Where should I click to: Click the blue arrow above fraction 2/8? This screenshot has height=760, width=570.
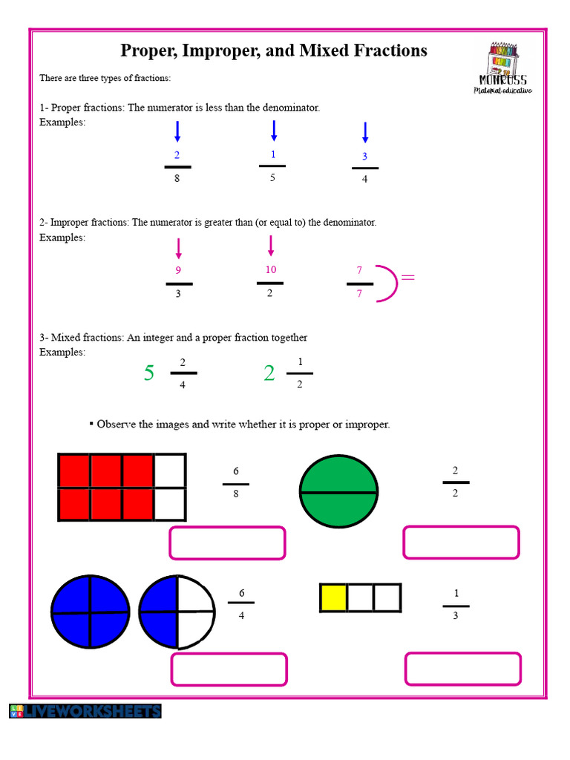tap(177, 131)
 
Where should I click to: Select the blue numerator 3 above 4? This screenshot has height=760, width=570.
tap(364, 157)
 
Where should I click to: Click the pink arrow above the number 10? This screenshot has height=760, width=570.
tap(270, 246)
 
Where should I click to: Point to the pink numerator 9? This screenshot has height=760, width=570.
tap(178, 271)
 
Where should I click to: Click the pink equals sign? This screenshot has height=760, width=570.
tap(407, 278)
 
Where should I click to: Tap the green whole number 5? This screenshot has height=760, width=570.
tap(149, 373)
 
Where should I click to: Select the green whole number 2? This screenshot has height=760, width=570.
tap(269, 373)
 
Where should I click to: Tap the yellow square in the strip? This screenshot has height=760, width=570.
tap(333, 597)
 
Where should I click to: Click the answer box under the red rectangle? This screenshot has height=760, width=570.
tap(228, 543)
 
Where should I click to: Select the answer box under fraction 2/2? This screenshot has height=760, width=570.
tap(461, 543)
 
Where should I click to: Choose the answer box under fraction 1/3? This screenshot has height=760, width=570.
tap(462, 669)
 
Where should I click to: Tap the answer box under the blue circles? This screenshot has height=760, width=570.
tap(229, 669)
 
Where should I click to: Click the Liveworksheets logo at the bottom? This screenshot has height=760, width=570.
tap(85, 711)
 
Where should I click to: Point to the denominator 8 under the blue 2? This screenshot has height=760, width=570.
tap(177, 179)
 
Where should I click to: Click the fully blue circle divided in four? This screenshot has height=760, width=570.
tap(90, 613)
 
